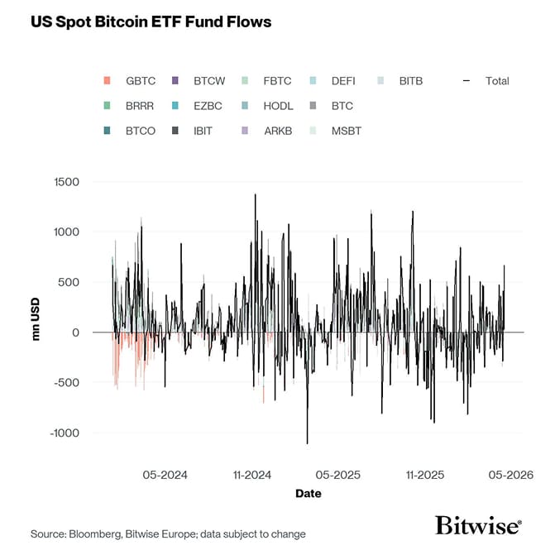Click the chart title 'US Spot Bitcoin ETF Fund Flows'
click(151, 22)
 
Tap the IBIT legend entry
click(203, 131)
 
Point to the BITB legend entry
click(410, 81)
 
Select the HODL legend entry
click(278, 106)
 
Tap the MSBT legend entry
click(346, 131)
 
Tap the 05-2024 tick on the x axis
click(165, 475)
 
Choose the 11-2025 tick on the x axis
click(424, 475)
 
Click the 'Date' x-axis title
click(309, 494)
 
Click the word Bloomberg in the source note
click(97, 534)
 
